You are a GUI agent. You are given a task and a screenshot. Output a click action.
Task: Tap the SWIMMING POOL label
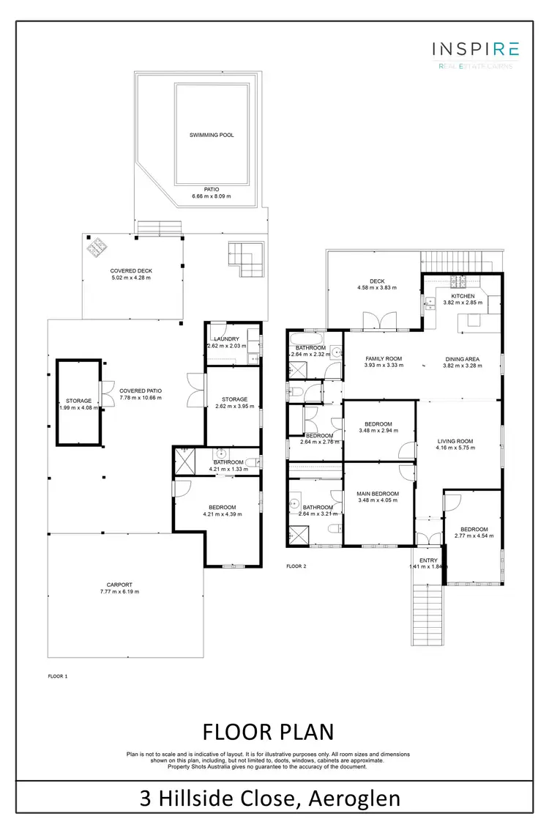tap(212, 136)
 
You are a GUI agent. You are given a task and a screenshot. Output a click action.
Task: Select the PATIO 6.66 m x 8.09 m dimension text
tap(212, 193)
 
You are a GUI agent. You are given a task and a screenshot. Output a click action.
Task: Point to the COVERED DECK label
tap(131, 271)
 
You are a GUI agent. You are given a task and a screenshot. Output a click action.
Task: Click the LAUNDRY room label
tap(226, 338)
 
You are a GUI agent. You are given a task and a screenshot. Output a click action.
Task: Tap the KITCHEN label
tap(463, 296)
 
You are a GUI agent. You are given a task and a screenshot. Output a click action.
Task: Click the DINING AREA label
tap(462, 359)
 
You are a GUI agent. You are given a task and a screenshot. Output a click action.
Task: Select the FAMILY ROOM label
tap(384, 359)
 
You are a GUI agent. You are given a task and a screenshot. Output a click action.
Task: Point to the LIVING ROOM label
tap(455, 442)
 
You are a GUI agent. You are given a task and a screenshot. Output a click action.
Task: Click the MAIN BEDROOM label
tap(378, 494)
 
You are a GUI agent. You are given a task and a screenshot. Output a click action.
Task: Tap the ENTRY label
tap(428, 560)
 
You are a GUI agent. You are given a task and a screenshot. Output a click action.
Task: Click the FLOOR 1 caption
tap(56, 676)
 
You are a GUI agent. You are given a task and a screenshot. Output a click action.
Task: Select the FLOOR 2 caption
tap(296, 566)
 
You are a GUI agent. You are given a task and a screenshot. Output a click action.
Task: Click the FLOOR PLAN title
tap(268, 731)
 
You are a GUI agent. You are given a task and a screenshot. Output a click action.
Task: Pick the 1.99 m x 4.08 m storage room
tap(78, 401)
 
